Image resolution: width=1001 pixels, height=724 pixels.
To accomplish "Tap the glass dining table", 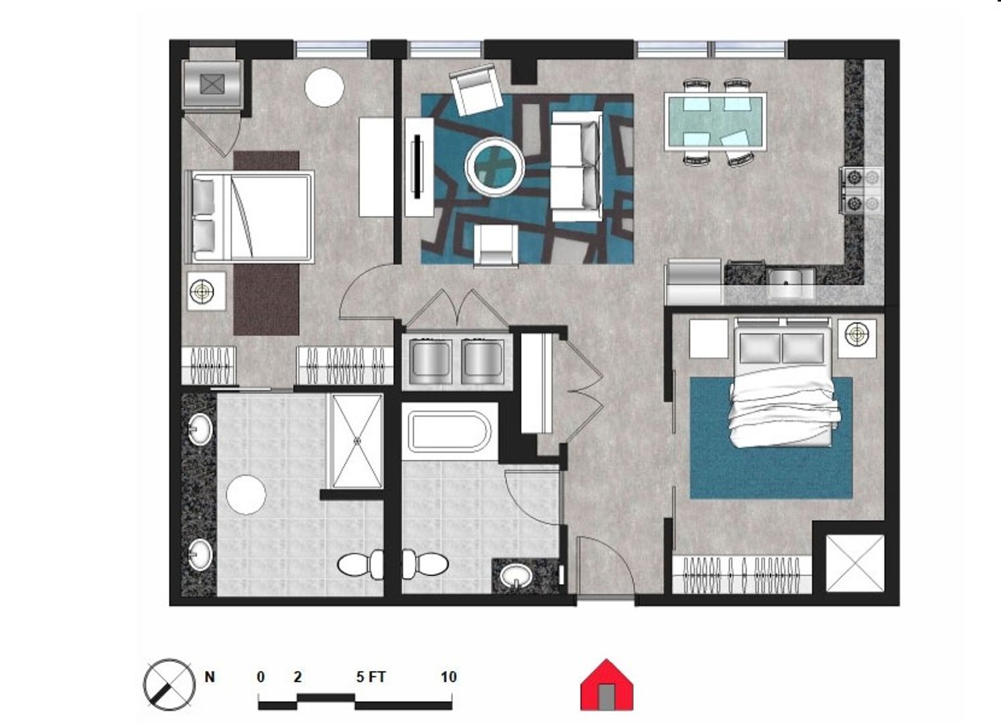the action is (x=716, y=121).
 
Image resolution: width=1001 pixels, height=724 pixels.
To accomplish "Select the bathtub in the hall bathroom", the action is (x=450, y=432).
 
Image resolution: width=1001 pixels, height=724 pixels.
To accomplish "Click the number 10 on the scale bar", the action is (x=449, y=677).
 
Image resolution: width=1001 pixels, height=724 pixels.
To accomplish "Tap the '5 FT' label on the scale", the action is (x=371, y=677).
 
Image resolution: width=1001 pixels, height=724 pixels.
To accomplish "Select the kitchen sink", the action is (x=791, y=282).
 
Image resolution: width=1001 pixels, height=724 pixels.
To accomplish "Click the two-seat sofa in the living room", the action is (x=576, y=166).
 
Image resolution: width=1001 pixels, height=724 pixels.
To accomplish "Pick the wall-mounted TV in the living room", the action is (x=417, y=166).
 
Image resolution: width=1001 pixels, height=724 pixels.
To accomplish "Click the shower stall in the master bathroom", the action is (x=356, y=441).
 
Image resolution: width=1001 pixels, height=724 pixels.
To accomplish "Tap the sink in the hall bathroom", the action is (x=516, y=577).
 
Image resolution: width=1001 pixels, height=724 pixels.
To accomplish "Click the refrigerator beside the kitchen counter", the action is (x=694, y=282).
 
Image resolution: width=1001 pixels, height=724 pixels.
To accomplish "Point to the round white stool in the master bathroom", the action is (x=246, y=495).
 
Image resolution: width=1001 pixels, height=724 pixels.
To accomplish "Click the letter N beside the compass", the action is (x=210, y=677).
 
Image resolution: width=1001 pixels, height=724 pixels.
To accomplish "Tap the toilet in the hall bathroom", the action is (x=425, y=564).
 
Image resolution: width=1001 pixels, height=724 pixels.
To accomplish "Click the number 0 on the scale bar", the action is (x=261, y=677).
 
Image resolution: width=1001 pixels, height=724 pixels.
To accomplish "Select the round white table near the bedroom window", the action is (x=324, y=87).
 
